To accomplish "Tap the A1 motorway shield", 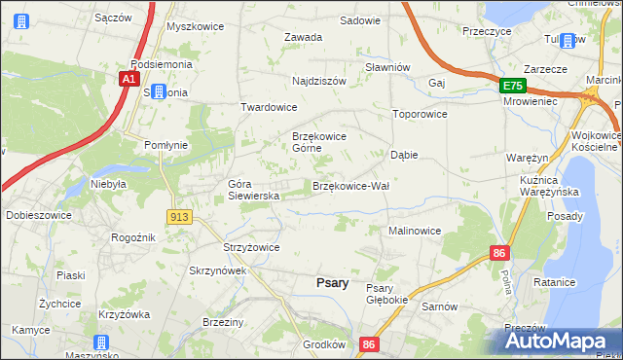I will click(128, 80).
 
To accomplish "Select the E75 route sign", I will click(512, 87).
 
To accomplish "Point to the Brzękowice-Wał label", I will click(350, 185).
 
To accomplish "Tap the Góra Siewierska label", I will click(254, 190).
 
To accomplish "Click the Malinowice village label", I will click(415, 231).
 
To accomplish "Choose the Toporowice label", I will click(419, 114).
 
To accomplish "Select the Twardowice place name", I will click(269, 107).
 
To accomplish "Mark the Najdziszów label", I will click(319, 81).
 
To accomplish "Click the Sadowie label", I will click(359, 19).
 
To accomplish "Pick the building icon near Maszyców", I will click(100, 343).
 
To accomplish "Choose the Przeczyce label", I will click(487, 31).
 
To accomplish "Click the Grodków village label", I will click(324, 343).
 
